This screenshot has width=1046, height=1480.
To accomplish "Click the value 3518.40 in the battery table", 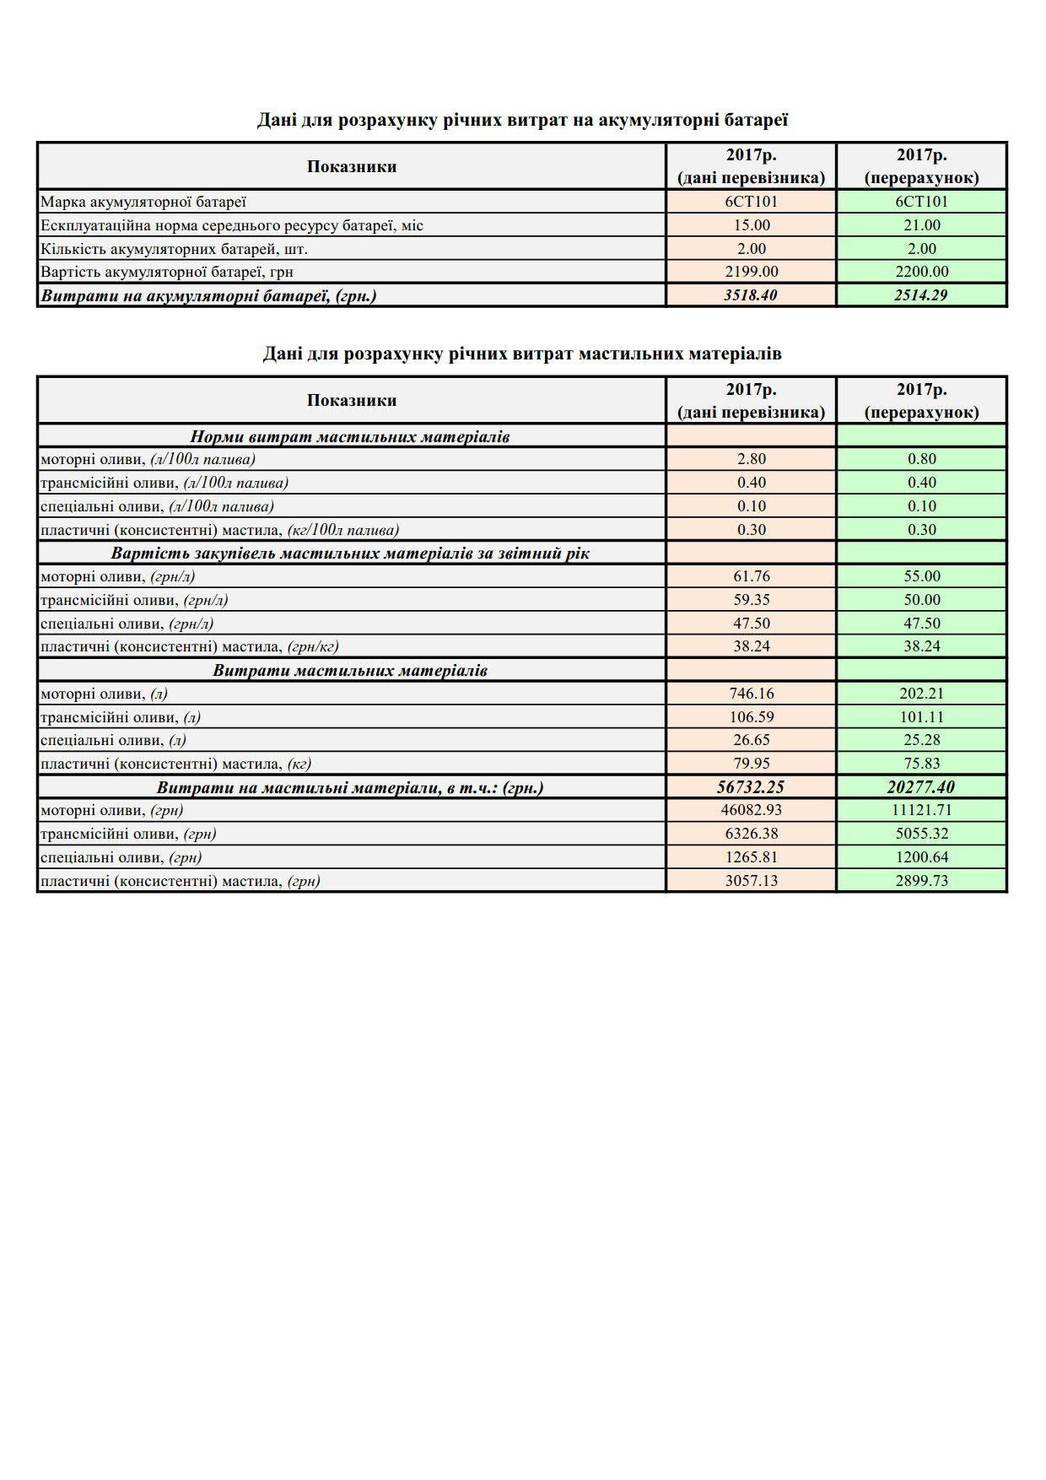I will pos(751,295).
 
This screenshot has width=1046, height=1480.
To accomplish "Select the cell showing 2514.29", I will pos(921,295).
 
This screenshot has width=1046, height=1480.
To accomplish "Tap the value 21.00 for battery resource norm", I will pos(921,225).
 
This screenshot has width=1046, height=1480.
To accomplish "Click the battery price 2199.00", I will pos(751,272).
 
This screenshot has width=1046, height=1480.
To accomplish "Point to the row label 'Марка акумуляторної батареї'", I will pos(143,202).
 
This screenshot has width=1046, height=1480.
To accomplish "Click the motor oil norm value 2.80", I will pos(751,459).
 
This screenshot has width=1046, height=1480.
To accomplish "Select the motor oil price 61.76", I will pos(751,576).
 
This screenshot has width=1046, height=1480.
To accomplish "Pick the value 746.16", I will pos(751,694).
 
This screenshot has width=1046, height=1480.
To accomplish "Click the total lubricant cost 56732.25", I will pos(751,787).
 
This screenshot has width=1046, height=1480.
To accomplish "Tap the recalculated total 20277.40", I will pos(921,787).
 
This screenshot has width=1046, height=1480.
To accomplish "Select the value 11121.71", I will pos(921,810).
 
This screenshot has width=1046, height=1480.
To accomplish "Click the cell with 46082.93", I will pos(751,810).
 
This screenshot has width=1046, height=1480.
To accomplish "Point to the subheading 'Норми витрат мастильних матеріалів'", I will pos(350,436).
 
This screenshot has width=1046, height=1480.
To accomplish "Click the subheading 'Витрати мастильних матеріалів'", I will pos(350,671).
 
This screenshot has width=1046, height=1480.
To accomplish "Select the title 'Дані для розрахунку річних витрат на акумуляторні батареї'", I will pos(522,120).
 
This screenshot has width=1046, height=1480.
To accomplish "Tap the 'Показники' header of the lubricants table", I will pos(352,400).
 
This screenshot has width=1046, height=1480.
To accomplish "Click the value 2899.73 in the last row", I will pos(921,881).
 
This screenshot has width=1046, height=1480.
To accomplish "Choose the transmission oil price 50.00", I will pos(921,600).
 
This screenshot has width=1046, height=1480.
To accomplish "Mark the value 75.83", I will pos(921,764).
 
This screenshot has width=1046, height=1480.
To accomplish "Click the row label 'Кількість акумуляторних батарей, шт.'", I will pos(174,249).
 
